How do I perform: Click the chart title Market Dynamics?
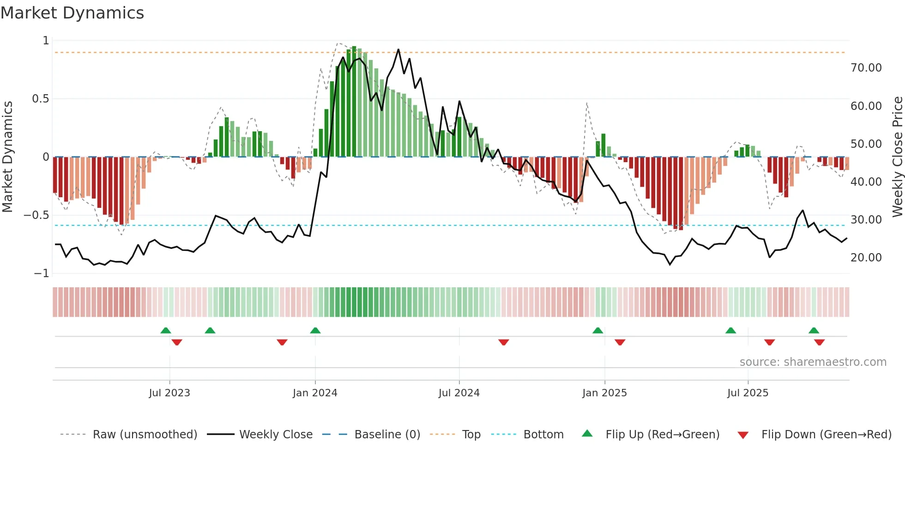point(72,13)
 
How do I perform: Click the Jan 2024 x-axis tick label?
point(315,393)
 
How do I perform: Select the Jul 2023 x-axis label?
point(169,393)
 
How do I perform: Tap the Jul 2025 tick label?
point(748,393)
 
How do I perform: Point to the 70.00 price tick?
point(866,68)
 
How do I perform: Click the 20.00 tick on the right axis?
point(866,258)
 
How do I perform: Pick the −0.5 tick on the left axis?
point(36,215)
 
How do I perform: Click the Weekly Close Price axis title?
point(897,157)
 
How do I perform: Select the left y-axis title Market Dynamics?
point(8,157)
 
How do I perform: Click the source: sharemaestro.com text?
point(813,362)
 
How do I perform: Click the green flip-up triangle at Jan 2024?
point(315,331)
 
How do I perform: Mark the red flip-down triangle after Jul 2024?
point(504,342)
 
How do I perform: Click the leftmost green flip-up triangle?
point(166,331)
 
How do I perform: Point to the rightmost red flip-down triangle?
point(820,342)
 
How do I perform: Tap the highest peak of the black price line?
point(398,50)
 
